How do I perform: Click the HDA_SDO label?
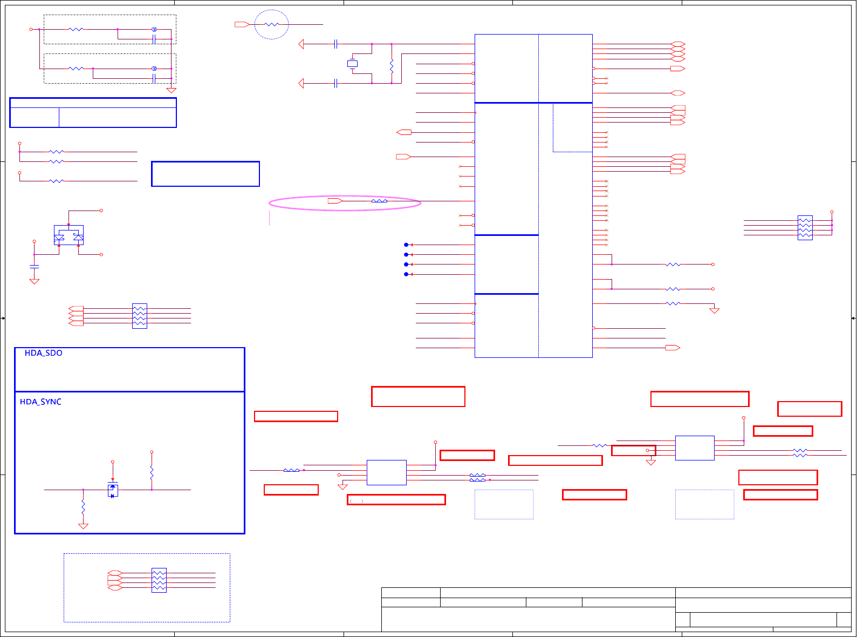(x=43, y=353)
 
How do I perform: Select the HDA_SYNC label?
(x=40, y=402)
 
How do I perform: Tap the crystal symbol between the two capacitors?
(x=352, y=64)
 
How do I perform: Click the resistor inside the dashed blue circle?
(x=271, y=24)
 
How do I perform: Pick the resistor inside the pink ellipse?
(x=379, y=201)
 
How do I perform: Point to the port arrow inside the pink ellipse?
(x=335, y=201)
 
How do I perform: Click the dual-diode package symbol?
(x=68, y=235)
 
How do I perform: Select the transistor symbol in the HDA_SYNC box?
(x=113, y=490)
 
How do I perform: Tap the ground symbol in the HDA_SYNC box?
(x=83, y=526)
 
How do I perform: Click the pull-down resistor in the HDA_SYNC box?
(x=83, y=507)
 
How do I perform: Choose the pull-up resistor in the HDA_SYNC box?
(x=152, y=472)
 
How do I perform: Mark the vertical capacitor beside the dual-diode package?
(x=35, y=267)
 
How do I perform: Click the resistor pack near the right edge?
(x=805, y=228)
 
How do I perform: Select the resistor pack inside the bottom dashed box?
(x=159, y=580)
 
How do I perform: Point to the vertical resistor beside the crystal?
(x=392, y=66)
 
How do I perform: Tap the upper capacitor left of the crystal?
(x=335, y=44)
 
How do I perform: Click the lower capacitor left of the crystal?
(x=335, y=83)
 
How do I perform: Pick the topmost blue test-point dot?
(x=406, y=245)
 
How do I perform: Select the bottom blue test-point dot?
(x=406, y=274)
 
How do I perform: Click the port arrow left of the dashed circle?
(x=242, y=24)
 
